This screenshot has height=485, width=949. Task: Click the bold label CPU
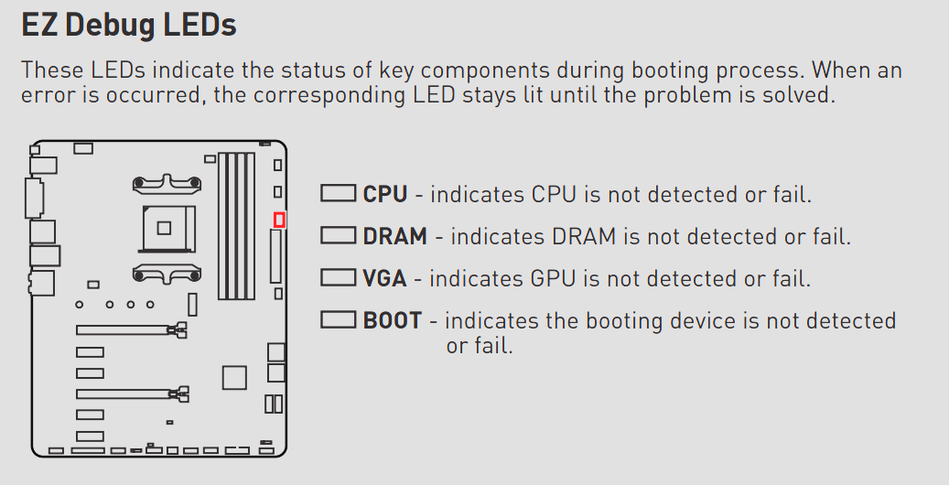coord(385,194)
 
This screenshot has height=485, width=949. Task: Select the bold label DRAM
coord(394,236)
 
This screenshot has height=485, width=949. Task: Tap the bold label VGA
coord(384,278)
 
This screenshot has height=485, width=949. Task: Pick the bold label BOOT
coord(393,320)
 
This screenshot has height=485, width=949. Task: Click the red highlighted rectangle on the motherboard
coord(279,220)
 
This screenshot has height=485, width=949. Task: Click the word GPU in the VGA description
coord(551,278)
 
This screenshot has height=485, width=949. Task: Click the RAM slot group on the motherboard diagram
coord(236,226)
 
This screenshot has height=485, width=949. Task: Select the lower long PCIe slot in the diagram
coord(133,394)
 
